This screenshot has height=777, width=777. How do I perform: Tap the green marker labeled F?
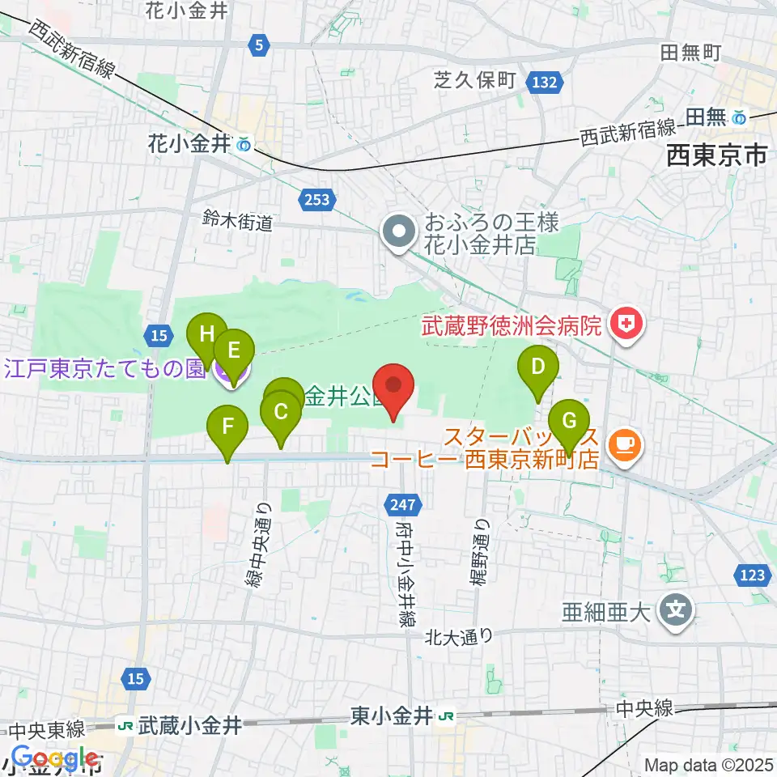227,427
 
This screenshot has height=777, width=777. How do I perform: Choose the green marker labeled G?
569,421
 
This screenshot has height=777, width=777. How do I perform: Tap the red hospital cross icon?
626,326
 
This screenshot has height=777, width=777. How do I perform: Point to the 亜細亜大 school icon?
675,609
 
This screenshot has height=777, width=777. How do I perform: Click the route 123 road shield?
752,575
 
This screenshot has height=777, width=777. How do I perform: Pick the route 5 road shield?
258,46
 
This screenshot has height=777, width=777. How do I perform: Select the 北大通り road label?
460,636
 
